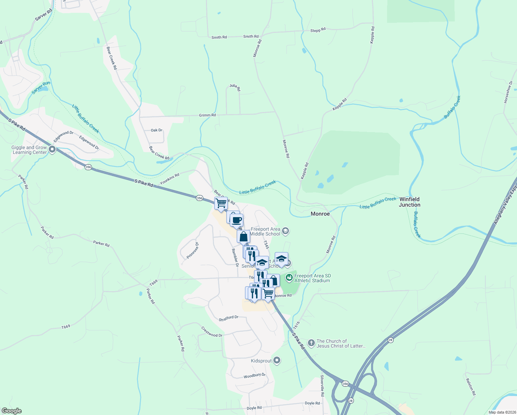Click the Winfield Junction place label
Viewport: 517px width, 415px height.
[410, 202]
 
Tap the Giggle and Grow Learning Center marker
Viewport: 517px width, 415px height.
[52, 149]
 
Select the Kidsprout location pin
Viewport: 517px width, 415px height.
[276, 361]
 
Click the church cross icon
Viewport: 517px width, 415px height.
[311, 343]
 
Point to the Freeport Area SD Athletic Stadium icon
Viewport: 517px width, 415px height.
[289, 278]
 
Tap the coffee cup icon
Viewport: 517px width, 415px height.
[237, 220]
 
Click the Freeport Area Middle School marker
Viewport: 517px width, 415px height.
[285, 231]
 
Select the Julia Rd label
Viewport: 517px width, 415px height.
[235, 87]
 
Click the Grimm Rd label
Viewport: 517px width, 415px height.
[207, 115]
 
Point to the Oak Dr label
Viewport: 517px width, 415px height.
[157, 130]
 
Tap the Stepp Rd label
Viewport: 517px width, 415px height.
[318, 30]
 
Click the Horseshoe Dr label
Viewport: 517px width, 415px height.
[508, 92]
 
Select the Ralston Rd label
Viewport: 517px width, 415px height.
[471, 387]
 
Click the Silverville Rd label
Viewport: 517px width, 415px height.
[322, 386]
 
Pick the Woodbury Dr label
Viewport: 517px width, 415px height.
[254, 376]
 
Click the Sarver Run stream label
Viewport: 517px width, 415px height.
[41, 87]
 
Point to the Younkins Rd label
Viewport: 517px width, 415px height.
[170, 179]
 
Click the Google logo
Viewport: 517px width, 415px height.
[12, 411]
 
